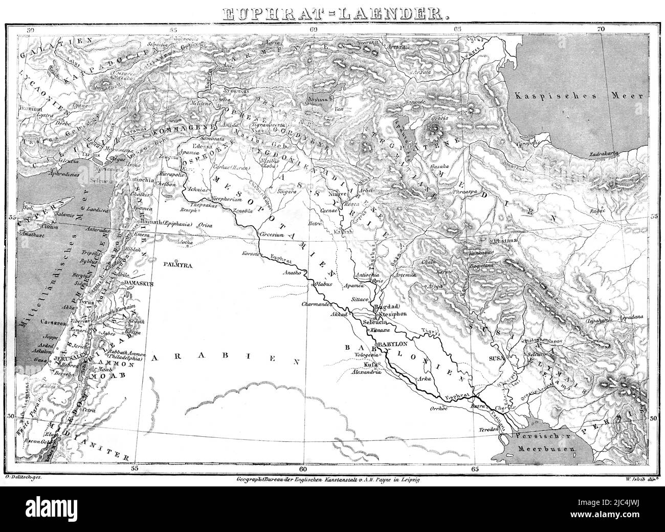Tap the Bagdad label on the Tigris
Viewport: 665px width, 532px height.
[x=386, y=307]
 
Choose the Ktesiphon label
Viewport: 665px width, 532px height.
[x=394, y=314]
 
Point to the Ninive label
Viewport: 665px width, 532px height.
[x=338, y=194]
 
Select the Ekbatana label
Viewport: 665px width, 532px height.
[x=504, y=240]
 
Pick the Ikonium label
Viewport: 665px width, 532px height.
[x=31, y=108]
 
